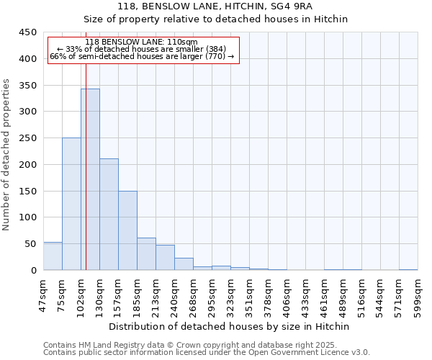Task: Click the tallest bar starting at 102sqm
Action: [x=90, y=180]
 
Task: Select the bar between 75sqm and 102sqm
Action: [x=71, y=204]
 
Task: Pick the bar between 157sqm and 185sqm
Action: [x=127, y=230]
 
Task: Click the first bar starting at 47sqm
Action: [x=53, y=256]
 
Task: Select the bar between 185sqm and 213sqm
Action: [x=146, y=254]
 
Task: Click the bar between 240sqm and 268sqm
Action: [x=184, y=264]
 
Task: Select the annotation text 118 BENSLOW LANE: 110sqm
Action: [x=141, y=42]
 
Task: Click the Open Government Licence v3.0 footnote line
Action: [x=207, y=353]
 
